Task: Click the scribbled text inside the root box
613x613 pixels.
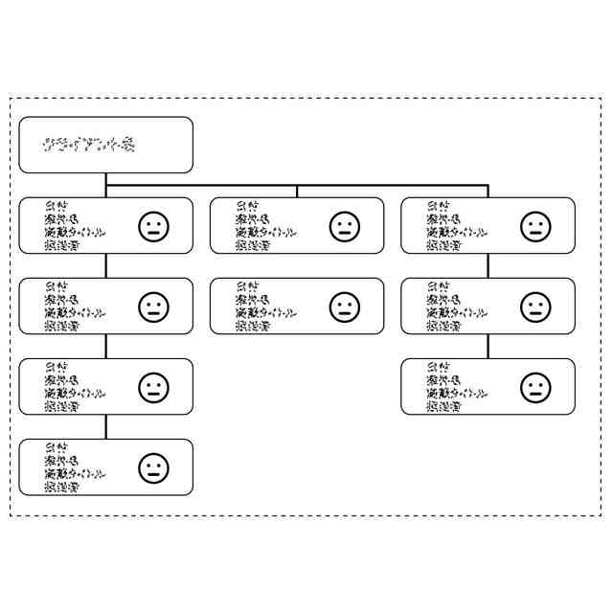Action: tap(88, 146)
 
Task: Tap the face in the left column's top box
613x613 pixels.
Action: tap(153, 227)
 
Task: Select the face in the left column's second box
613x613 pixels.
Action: tap(153, 307)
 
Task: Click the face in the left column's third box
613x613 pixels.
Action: tap(153, 388)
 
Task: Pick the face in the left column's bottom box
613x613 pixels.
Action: tap(153, 468)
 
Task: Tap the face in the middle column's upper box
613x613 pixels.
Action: tap(345, 227)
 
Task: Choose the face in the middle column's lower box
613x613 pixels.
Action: tap(345, 307)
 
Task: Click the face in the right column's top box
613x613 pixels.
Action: tap(535, 227)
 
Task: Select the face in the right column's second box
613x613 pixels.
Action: tap(535, 307)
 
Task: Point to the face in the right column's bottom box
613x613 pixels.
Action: tap(535, 388)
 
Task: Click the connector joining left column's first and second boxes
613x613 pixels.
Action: tap(106, 266)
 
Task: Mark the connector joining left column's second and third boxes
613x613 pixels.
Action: tap(106, 347)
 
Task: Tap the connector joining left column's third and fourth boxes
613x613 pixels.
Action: tap(106, 427)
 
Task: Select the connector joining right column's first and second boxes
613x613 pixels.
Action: tap(488, 266)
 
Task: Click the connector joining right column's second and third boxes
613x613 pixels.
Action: tap(488, 347)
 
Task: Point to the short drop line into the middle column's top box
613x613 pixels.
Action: tap(297, 192)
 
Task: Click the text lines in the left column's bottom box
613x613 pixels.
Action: tap(75, 467)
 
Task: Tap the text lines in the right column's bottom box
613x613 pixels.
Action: tap(457, 387)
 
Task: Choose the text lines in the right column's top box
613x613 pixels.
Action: tap(457, 226)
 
